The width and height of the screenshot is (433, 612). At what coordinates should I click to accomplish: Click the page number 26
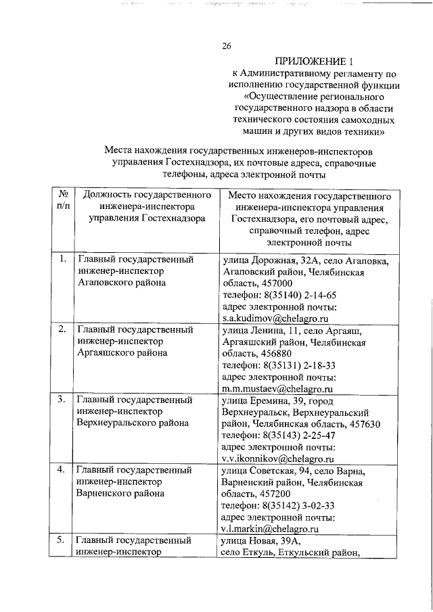[x=227, y=46]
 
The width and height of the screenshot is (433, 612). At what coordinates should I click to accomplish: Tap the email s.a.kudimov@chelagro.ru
[x=275, y=317]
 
